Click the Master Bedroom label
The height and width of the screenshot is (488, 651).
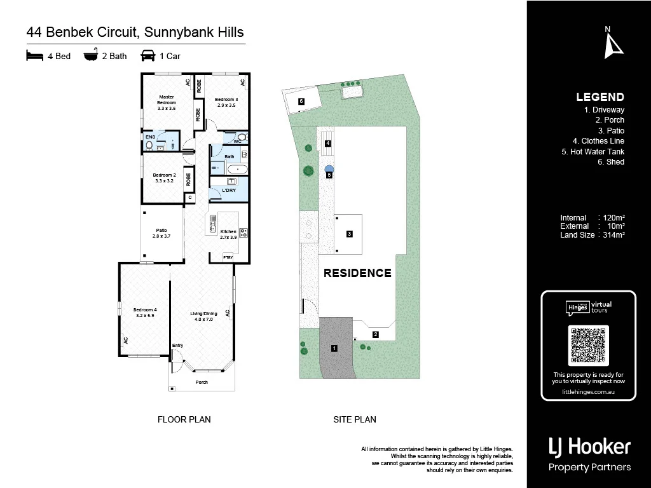click(167, 102)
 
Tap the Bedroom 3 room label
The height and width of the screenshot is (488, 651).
click(226, 102)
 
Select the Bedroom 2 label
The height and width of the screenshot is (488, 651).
click(164, 177)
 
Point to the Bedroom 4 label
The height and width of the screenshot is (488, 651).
click(145, 312)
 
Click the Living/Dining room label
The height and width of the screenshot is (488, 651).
click(203, 316)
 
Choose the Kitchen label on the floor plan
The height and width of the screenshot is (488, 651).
click(228, 234)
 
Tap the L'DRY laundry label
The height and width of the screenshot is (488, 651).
click(229, 191)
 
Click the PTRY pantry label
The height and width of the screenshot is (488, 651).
click(228, 257)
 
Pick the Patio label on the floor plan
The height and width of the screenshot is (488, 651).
click(161, 233)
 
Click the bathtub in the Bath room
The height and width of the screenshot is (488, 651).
click(238, 169)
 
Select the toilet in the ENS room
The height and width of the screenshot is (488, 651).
click(149, 145)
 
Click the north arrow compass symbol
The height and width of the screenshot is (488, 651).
click(612, 43)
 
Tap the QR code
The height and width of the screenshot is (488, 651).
click(588, 346)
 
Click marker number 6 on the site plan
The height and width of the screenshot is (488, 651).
click(301, 101)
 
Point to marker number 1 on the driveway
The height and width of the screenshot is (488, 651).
click(334, 348)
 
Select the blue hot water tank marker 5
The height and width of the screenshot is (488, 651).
click(329, 170)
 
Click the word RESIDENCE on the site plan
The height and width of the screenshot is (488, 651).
click(357, 273)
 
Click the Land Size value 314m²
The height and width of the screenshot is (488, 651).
click(613, 234)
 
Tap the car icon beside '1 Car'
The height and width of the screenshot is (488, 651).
click(148, 56)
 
